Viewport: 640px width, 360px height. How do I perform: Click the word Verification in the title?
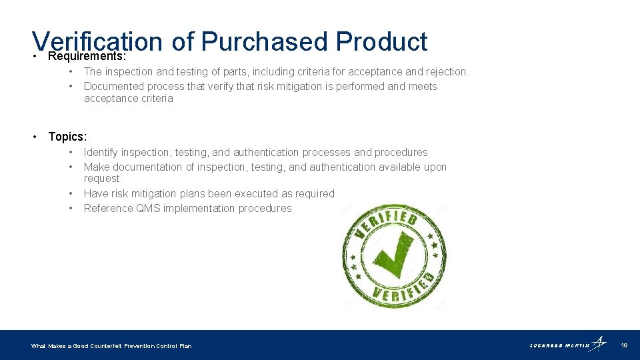[x=97, y=41]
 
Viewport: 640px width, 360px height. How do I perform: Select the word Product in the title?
[x=381, y=41]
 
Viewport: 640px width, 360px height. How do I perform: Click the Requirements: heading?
[x=87, y=55]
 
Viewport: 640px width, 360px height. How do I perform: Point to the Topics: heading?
[x=67, y=137]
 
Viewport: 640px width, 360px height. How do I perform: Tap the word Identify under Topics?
[x=102, y=153]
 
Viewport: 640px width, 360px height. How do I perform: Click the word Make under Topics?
[x=96, y=167]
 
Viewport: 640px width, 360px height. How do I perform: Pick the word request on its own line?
[x=101, y=179]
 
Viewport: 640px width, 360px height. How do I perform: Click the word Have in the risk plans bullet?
[x=96, y=194]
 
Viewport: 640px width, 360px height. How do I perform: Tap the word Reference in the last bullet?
[x=108, y=209]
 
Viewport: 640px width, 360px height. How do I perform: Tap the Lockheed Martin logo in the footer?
[x=568, y=345]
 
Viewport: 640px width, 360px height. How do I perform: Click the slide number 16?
[x=624, y=345]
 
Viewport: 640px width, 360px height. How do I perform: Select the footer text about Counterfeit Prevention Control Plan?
[x=111, y=346]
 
